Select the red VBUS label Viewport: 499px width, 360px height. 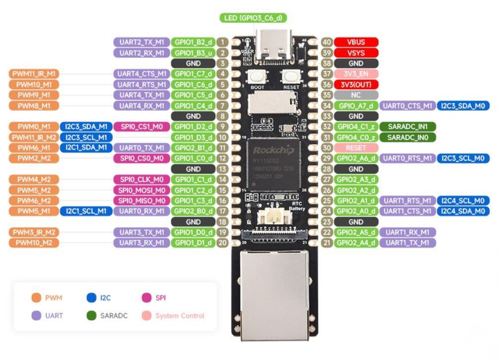(x=355, y=42)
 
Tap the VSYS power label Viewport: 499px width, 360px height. (x=355, y=52)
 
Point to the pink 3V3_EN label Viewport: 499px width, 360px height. (x=355, y=74)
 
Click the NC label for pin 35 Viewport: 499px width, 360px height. (x=355, y=95)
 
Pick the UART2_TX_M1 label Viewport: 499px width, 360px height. (x=141, y=42)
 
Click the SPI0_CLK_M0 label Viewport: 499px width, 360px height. (x=141, y=180)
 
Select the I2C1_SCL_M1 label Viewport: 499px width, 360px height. (x=86, y=211)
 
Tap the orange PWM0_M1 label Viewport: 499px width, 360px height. (x=33, y=127)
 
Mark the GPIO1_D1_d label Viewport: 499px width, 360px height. (x=193, y=243)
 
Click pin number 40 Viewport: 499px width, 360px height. (x=324, y=42)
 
